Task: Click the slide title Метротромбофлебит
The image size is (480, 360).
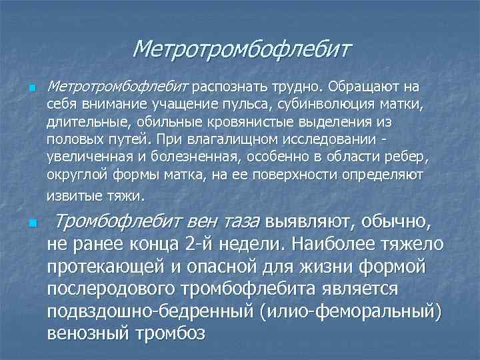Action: click(241, 49)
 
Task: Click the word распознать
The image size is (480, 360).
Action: click(226, 87)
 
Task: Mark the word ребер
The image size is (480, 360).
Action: click(415, 157)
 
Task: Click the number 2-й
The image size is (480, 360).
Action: click(200, 244)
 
